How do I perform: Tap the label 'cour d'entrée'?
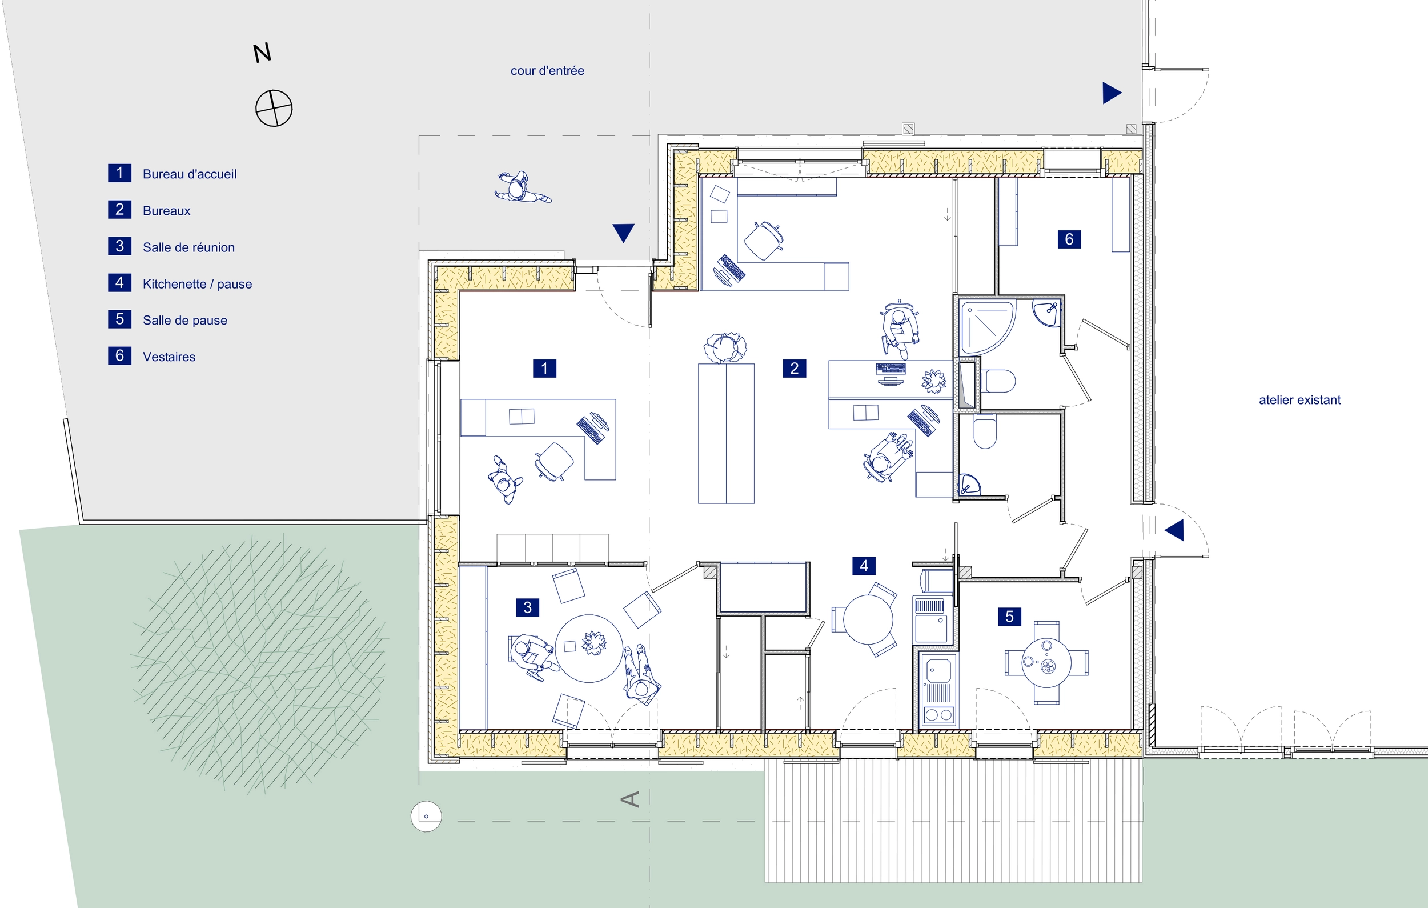coord(547,71)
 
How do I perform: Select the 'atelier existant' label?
coord(1299,400)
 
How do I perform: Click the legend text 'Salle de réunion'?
coord(188,247)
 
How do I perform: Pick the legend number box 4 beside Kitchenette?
coord(119,282)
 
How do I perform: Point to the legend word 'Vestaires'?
coord(169,357)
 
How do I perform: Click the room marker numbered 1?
coord(544,369)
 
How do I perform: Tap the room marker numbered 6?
coord(1069,239)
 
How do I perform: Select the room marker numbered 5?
coord(1009,617)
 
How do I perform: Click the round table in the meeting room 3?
coord(589,648)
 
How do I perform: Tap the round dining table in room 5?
coord(1046,662)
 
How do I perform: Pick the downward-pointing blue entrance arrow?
coord(623,233)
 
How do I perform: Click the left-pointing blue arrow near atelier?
coord(1174,530)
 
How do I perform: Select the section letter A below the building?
coord(631,799)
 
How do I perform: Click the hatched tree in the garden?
coord(259,664)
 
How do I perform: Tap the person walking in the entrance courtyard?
coord(523,187)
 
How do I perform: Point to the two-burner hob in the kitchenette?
coord(937,715)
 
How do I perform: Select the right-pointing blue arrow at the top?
coord(1112,93)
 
